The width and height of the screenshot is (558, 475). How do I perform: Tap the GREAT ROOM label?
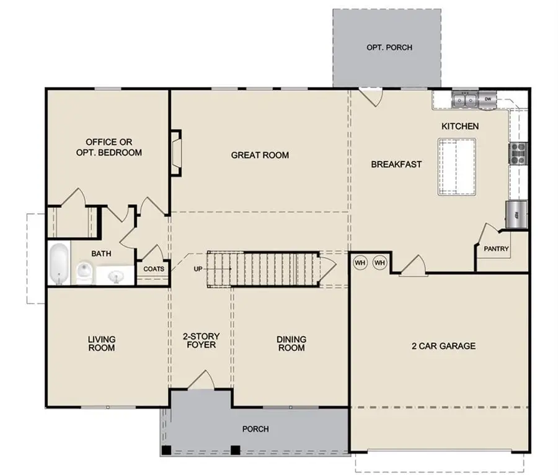260,155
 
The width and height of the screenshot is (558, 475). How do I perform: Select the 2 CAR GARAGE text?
443,345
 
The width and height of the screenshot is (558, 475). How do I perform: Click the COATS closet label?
154,269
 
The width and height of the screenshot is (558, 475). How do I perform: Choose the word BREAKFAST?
396,165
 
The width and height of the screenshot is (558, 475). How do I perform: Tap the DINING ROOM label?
291,343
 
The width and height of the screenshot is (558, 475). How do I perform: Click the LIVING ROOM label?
102,343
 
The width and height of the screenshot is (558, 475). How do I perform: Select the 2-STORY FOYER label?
200,340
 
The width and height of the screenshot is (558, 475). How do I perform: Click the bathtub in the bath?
59,263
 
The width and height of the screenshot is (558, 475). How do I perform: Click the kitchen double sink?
464,98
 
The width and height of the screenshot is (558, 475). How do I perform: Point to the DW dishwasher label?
488,99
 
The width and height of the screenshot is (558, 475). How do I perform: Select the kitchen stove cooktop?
518,153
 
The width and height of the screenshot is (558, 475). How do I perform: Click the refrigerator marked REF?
516,215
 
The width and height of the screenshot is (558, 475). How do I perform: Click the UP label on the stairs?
198,269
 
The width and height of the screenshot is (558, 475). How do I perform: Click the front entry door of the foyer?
201,381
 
